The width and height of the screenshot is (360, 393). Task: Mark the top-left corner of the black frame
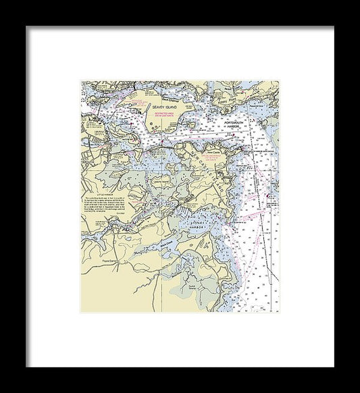point(26,26)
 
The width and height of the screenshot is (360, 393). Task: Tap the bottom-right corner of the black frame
point(334,367)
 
